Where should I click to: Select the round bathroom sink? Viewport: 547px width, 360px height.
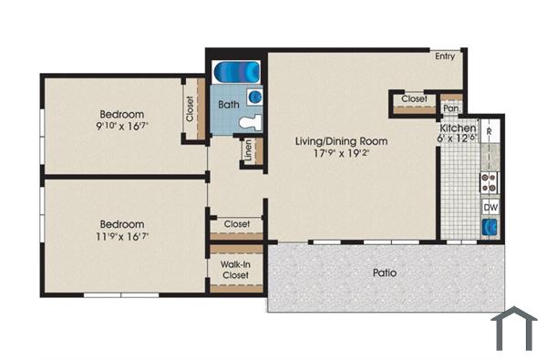[256, 94]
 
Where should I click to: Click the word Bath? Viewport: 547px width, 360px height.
[228, 105]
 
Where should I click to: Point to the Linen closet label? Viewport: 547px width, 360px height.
[248, 151]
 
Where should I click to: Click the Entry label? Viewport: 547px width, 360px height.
[444, 57]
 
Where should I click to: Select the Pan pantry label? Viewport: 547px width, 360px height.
[449, 108]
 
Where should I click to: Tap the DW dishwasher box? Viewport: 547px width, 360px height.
[490, 208]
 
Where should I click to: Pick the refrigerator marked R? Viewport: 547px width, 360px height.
[490, 132]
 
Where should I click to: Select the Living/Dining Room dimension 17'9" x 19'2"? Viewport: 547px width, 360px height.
[341, 154]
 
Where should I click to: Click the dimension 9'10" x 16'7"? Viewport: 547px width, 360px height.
[123, 127]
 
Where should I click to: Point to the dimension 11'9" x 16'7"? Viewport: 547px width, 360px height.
[123, 235]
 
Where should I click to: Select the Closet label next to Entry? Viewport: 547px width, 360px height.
[414, 98]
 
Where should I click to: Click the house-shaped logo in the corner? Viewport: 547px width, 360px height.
[515, 328]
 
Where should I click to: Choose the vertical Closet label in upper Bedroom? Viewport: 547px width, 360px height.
[190, 109]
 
